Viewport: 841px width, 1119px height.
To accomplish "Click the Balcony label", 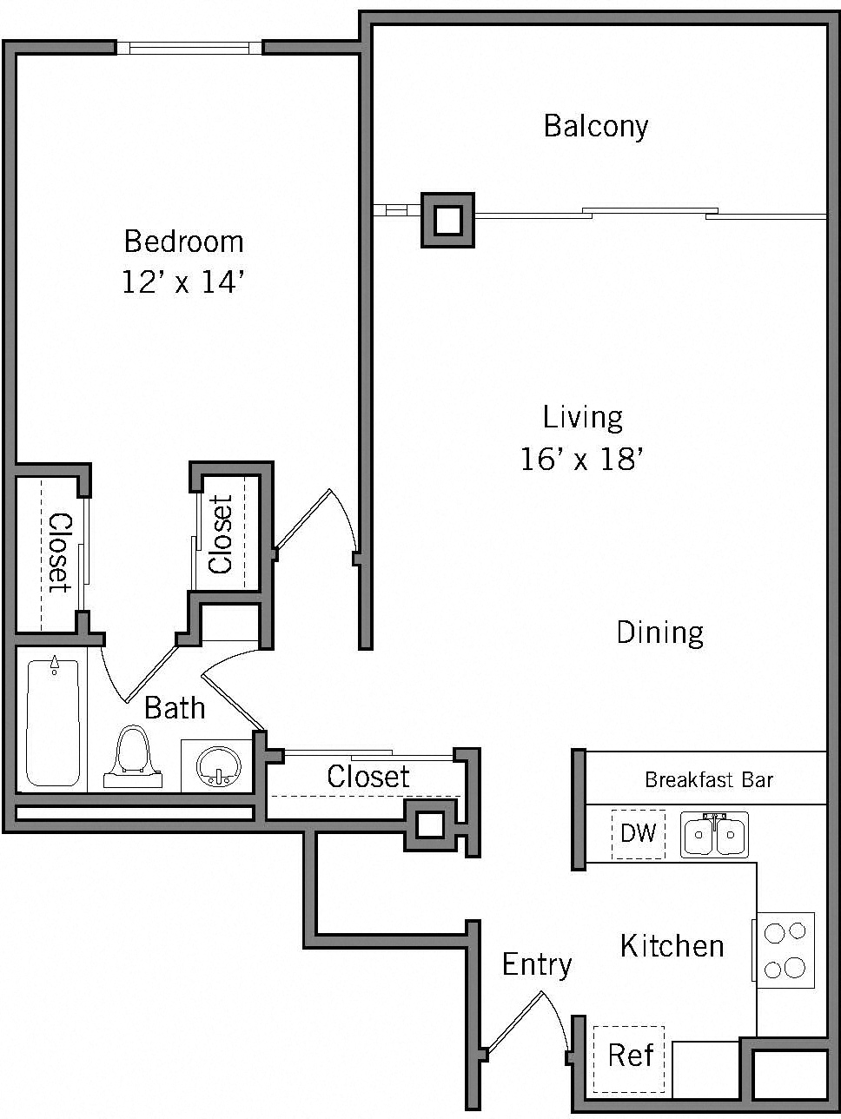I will (596, 127).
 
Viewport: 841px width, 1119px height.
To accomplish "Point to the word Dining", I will (659, 632).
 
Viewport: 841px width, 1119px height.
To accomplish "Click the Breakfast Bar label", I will (708, 779).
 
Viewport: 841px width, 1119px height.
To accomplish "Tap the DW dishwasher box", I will (639, 834).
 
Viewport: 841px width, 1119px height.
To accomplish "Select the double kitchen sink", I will (714, 836).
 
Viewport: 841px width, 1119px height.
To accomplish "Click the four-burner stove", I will (785, 950).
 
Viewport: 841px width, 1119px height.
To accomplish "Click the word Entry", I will (537, 964).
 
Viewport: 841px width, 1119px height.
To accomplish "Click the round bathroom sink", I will (216, 765).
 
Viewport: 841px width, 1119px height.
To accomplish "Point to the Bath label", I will (175, 708).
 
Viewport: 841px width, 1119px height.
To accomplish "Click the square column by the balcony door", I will (447, 220).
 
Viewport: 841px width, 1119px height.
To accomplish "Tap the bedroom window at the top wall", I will (189, 48).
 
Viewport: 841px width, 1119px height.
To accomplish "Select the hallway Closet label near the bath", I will (368, 776).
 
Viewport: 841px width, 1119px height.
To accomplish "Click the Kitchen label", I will (672, 945).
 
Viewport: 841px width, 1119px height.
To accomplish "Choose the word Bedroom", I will (183, 241).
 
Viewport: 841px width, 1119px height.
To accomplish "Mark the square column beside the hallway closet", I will (430, 824).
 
